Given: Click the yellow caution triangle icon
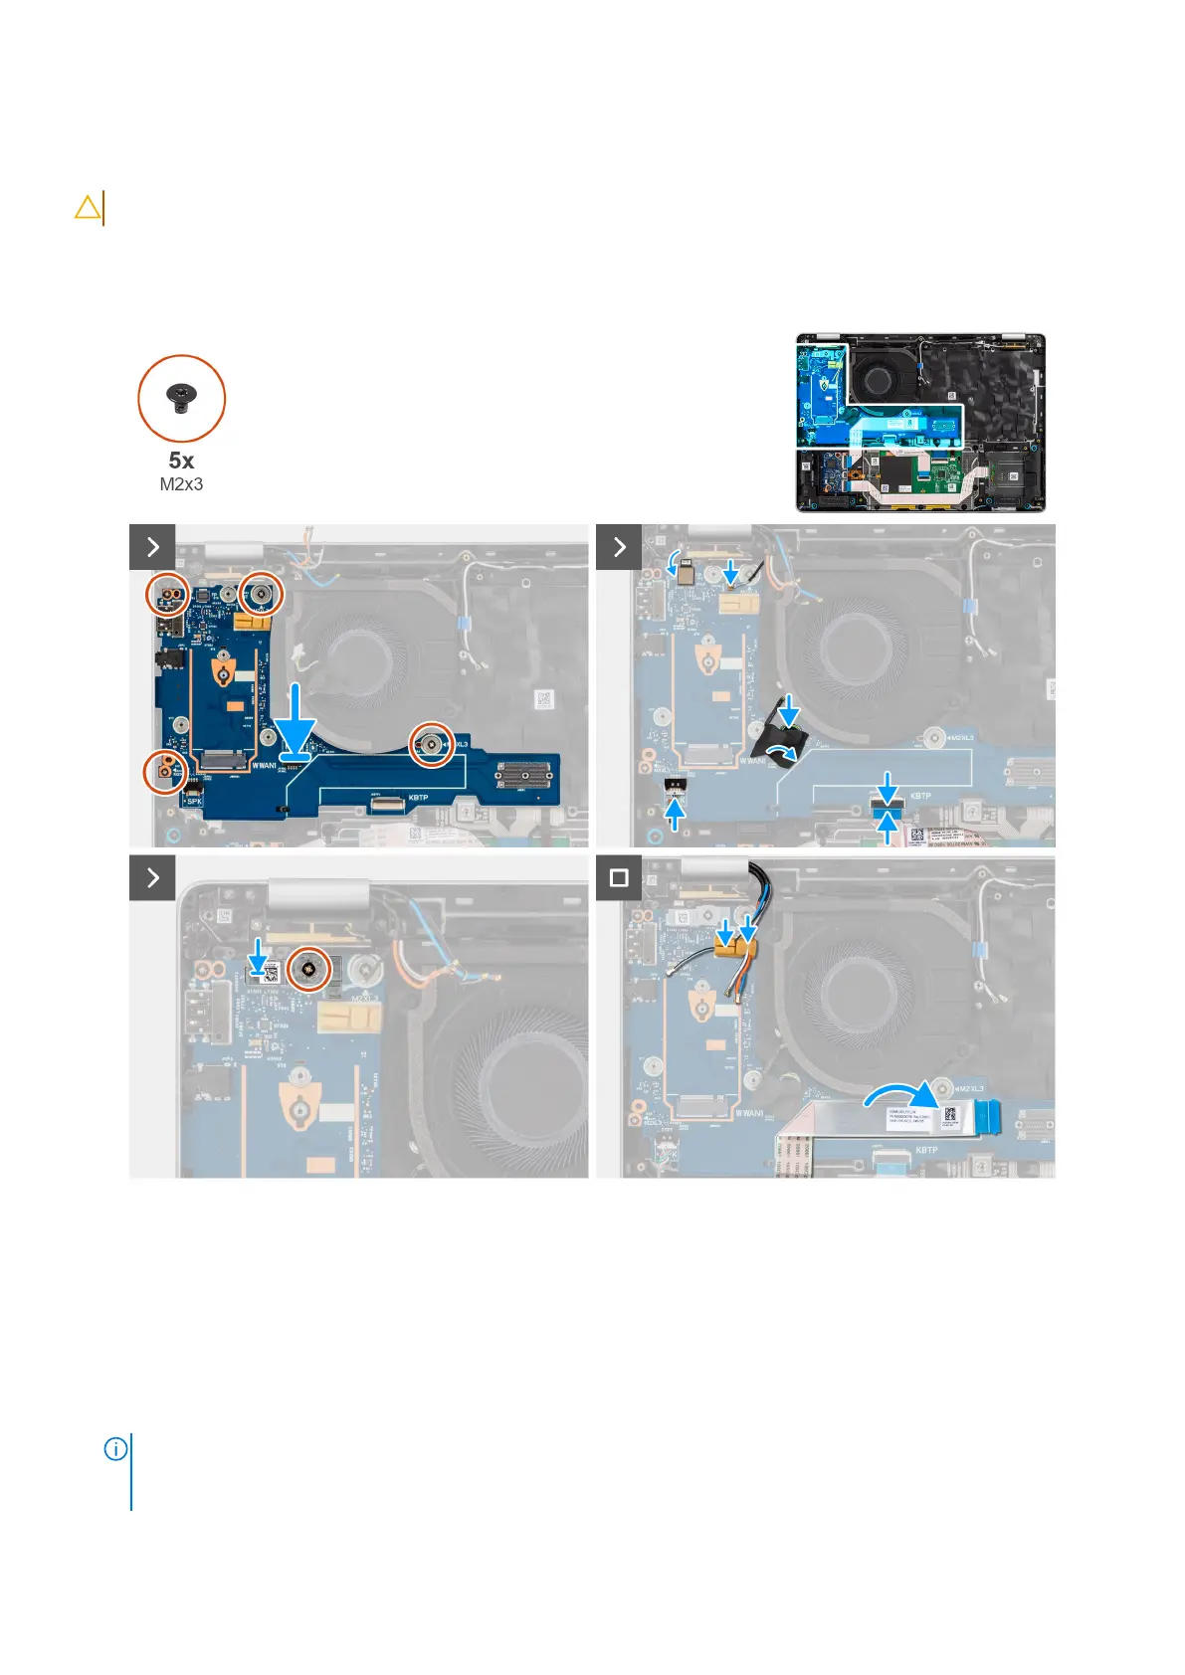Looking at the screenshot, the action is [x=88, y=208].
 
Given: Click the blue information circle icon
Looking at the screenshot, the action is [x=115, y=1449].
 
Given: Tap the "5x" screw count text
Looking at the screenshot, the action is [x=181, y=461].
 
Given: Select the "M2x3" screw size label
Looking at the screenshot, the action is [x=181, y=484].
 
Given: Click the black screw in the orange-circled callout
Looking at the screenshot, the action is [x=181, y=398].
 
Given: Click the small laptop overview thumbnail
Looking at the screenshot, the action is [x=920, y=423].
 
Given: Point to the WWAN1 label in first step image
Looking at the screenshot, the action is [x=264, y=766].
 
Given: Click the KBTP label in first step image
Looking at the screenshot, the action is [x=418, y=798].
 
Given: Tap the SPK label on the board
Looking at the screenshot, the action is [x=194, y=800].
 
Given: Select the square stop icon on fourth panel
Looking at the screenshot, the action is [x=619, y=878].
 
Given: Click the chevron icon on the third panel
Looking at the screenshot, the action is [x=152, y=877].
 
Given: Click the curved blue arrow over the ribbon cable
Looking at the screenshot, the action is [x=900, y=1095].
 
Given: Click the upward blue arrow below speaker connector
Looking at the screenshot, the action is [x=675, y=814].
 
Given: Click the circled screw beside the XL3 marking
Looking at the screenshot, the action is [x=432, y=743].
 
